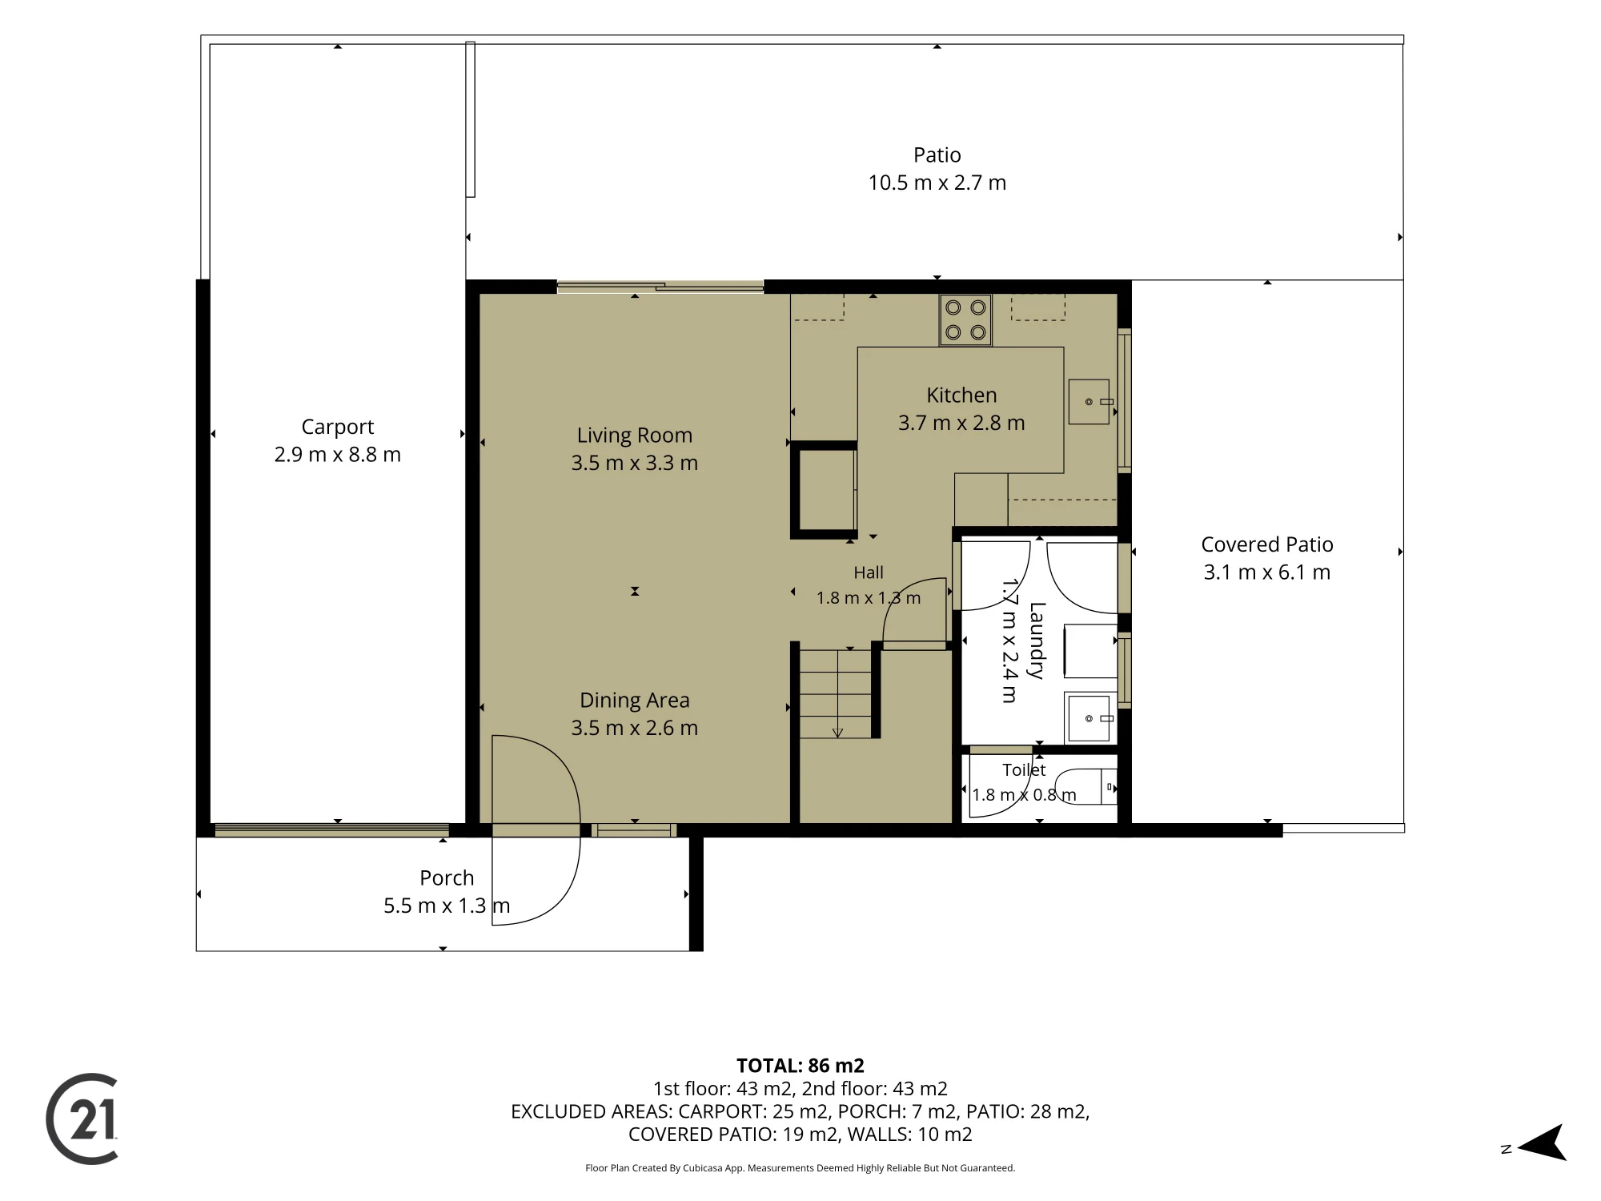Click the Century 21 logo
(82, 1119)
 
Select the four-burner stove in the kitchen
(965, 320)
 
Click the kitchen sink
(1090, 401)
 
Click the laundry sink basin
(1090, 718)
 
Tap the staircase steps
(836, 693)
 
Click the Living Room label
(635, 436)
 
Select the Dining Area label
(635, 701)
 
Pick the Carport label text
(338, 427)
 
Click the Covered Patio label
(1267, 544)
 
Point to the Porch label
(447, 878)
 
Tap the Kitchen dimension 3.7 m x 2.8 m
(961, 423)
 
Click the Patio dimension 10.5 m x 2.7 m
(937, 183)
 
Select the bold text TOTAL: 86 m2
(800, 1066)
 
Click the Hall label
(869, 572)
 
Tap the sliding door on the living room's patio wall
(660, 287)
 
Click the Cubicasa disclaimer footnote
(800, 1168)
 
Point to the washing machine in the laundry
(1090, 651)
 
